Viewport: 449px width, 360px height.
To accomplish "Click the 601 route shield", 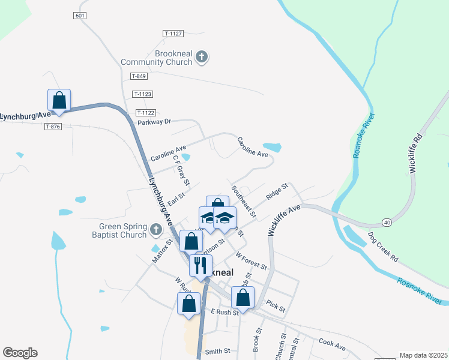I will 80,16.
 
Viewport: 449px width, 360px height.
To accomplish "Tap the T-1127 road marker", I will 173,34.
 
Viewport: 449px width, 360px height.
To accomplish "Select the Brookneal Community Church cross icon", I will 202,57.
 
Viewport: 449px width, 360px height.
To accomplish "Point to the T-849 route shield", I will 139,76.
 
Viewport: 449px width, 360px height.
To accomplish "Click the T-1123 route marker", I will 143,94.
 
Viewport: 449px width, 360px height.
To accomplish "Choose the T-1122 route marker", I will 146,112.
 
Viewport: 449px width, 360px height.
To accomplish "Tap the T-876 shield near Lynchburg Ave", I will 53,126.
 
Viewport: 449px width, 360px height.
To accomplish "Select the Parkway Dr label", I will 154,121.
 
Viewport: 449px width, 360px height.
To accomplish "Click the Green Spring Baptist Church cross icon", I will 156,229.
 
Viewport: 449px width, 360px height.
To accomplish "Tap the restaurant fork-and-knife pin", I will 199,265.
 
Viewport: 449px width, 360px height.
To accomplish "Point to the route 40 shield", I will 387,223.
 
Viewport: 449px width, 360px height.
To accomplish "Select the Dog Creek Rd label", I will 383,247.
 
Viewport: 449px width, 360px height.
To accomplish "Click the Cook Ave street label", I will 332,344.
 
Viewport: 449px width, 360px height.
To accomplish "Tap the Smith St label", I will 217,352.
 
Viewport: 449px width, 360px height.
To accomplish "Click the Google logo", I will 20,352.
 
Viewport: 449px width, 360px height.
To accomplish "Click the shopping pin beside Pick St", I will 243,296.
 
